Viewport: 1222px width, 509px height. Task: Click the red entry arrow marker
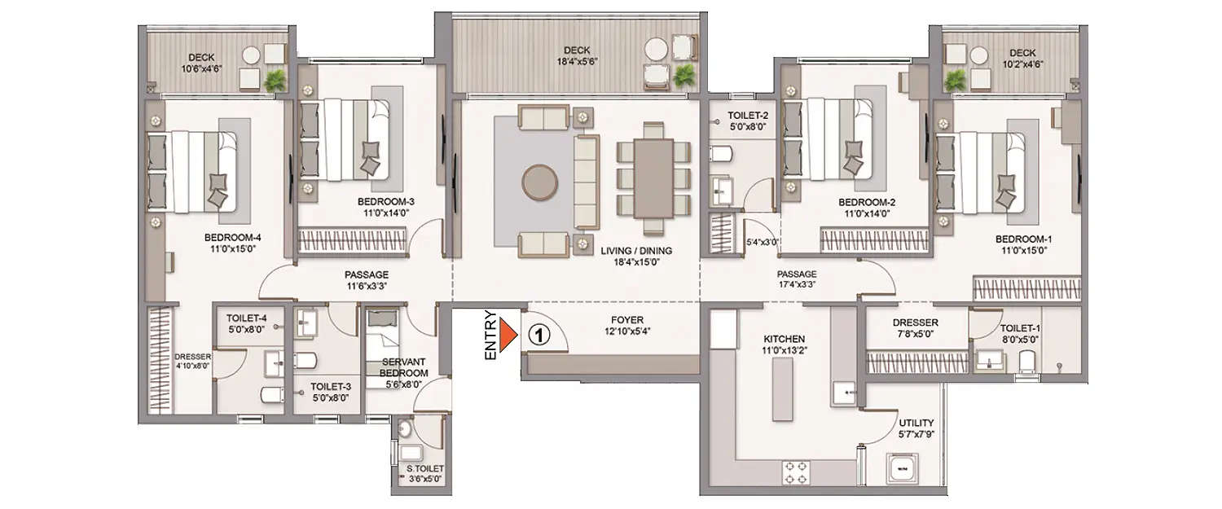click(509, 334)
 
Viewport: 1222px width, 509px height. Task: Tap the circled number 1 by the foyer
click(538, 334)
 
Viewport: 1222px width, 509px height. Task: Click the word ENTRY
click(490, 334)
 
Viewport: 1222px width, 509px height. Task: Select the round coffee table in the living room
click(539, 183)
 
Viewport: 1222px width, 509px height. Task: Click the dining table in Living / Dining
click(653, 178)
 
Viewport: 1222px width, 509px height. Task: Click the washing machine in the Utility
click(903, 470)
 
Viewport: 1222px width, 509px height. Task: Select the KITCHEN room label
click(783, 339)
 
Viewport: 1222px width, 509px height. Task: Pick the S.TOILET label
click(424, 468)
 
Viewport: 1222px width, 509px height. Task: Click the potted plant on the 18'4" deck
click(683, 76)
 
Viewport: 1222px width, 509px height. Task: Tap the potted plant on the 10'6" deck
click(276, 78)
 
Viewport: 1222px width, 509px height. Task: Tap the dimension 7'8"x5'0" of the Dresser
click(914, 335)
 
